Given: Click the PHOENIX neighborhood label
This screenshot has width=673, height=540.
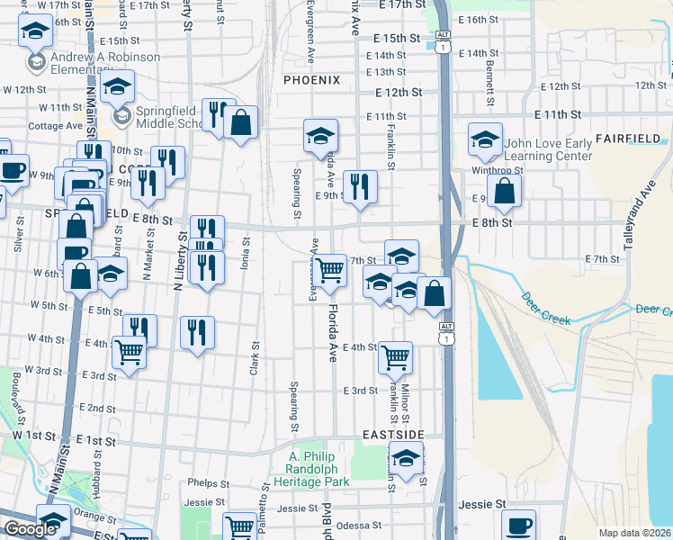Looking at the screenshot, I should click(x=311, y=80).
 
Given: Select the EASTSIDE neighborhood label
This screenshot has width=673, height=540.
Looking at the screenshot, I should click(x=392, y=435).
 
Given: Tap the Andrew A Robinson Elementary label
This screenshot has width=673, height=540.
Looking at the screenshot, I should click(x=106, y=63).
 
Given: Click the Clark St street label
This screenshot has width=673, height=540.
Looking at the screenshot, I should click(x=255, y=357).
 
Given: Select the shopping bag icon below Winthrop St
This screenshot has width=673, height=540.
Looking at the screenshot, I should click(x=506, y=190).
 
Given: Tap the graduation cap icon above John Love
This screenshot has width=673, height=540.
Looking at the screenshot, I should click(x=485, y=139).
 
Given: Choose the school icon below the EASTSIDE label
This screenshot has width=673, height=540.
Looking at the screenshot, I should click(x=406, y=458).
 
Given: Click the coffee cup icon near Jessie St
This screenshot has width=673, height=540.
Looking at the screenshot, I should click(x=517, y=526).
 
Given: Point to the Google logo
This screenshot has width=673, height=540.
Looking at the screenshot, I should click(x=31, y=529).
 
